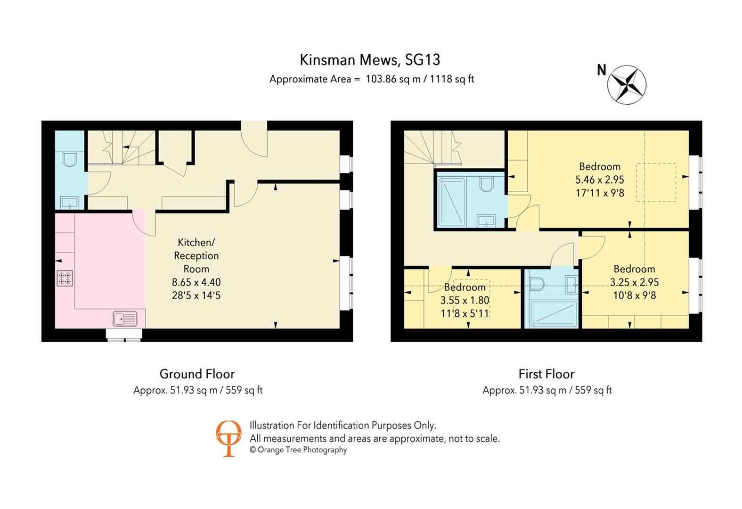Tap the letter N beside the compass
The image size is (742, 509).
tap(601, 70)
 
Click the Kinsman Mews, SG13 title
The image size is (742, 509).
tap(370, 60)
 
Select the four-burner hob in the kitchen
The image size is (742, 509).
tap(65, 278)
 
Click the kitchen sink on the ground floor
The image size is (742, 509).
tap(125, 319)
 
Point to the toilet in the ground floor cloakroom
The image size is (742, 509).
tap(69, 158)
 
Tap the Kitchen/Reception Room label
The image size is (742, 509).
tap(196, 255)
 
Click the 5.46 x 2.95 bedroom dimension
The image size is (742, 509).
tap(599, 180)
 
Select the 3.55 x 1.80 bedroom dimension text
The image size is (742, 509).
tap(465, 300)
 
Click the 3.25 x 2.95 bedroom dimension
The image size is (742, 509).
tap(634, 282)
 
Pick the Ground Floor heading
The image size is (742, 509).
tap(197, 374)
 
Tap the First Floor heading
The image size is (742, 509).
tap(546, 374)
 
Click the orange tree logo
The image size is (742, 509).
tap(228, 438)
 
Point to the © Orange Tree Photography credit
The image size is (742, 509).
tap(298, 450)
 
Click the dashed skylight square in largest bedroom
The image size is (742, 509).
tap(655, 182)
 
